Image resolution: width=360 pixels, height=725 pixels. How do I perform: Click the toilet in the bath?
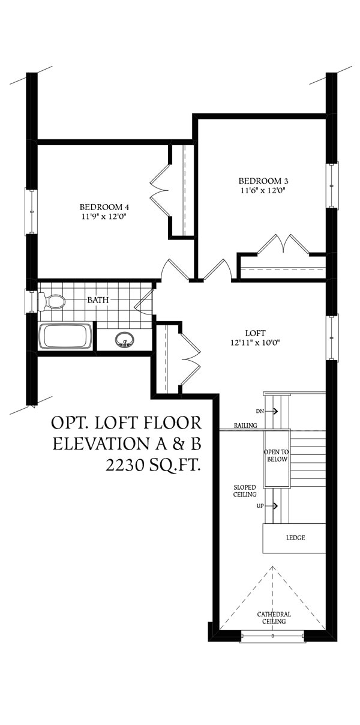(52, 302)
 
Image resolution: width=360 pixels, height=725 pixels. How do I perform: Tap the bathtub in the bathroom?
(65, 337)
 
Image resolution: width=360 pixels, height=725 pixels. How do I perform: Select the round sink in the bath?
(125, 340)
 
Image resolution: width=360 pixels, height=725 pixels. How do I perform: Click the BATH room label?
(98, 300)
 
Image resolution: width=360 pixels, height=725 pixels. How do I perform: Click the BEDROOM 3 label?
(263, 181)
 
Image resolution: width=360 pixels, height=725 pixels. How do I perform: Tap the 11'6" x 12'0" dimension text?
(263, 190)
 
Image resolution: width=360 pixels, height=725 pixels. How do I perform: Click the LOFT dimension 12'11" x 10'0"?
(255, 343)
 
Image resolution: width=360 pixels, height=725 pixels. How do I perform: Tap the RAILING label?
(246, 426)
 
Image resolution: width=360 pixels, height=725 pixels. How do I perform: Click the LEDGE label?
(296, 538)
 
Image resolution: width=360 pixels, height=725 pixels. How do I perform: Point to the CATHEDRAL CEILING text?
(274, 618)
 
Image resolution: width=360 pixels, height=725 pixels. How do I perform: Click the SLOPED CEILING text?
(245, 491)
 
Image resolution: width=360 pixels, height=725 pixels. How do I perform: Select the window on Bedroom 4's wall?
(31, 212)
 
